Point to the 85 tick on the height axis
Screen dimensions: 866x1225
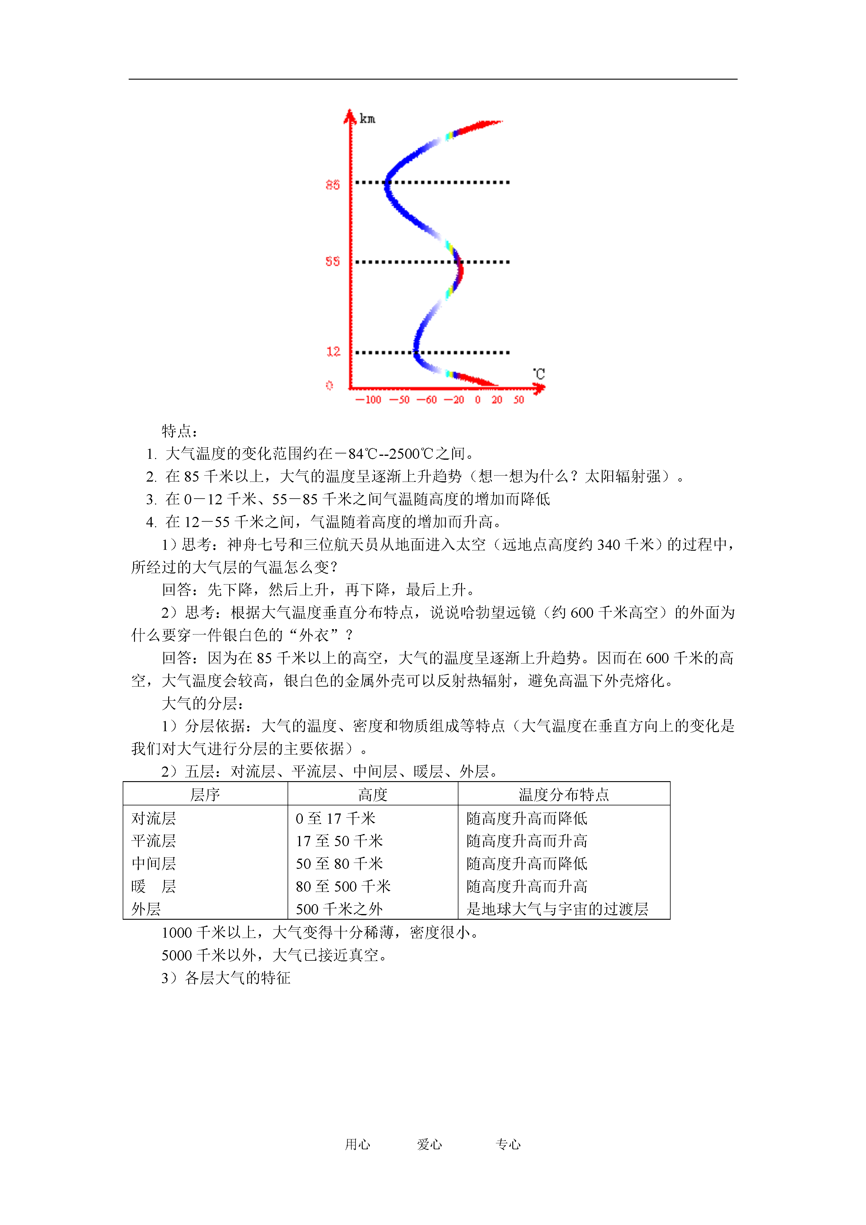pos(332,185)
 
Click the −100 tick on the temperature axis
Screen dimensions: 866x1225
pos(368,400)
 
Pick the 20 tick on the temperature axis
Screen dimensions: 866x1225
pos(497,400)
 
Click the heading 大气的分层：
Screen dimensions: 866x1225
pos(203,704)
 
